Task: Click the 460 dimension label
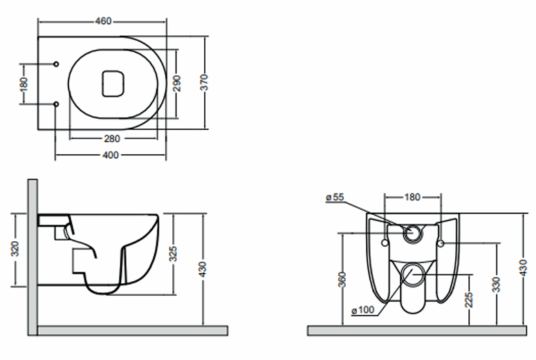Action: [x=103, y=21]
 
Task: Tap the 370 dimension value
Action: [x=204, y=82]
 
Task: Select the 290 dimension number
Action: [x=177, y=84]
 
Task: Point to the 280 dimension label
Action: [x=112, y=139]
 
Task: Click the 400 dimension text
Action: [x=111, y=155]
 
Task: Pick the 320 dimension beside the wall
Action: [x=15, y=249]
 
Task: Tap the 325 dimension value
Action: [x=174, y=254]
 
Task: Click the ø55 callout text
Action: [x=335, y=197]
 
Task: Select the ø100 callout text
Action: [x=363, y=310]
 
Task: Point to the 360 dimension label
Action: [x=344, y=280]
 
